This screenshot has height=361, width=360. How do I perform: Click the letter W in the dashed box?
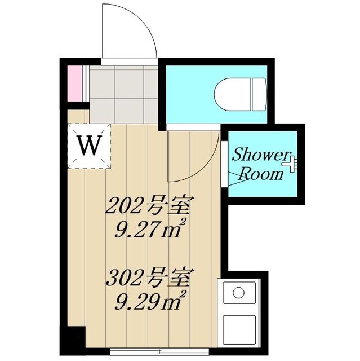point(90,146)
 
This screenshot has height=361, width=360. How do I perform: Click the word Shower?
point(261,154)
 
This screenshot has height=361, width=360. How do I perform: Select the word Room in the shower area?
point(261,174)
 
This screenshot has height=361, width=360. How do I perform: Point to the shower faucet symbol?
point(291,163)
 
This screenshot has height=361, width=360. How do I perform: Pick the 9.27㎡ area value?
point(148,230)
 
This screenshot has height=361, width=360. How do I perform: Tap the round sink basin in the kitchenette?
point(239,293)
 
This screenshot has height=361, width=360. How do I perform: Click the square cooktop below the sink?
point(239,329)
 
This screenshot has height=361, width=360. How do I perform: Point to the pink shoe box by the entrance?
point(74,85)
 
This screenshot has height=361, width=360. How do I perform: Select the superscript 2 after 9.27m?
point(183,223)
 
